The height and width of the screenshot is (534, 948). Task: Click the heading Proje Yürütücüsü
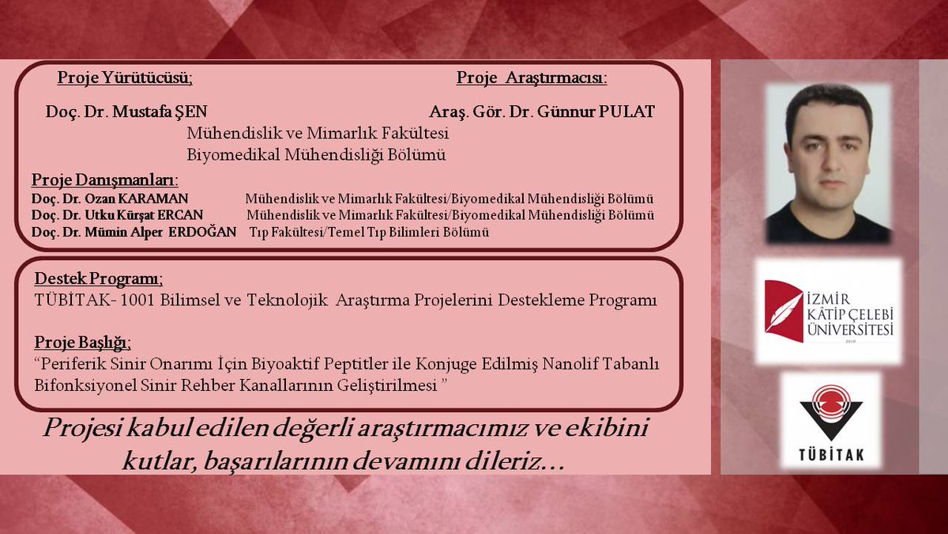coord(125,78)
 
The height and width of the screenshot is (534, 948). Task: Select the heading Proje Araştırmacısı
coord(531,78)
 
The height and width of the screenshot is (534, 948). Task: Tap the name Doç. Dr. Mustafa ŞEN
coord(126,112)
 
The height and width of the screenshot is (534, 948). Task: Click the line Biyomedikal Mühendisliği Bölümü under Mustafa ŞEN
coord(316,154)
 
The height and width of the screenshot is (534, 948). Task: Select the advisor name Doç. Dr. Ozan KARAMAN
coord(110,199)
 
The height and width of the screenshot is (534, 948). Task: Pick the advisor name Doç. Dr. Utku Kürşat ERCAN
coord(117,215)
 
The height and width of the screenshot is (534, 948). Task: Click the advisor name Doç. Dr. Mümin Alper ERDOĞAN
coord(134,233)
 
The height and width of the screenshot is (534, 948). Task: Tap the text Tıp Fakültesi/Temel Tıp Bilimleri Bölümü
coord(369,233)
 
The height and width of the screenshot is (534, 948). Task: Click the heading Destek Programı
coord(99,279)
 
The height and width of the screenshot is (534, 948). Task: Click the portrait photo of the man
coord(829,163)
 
